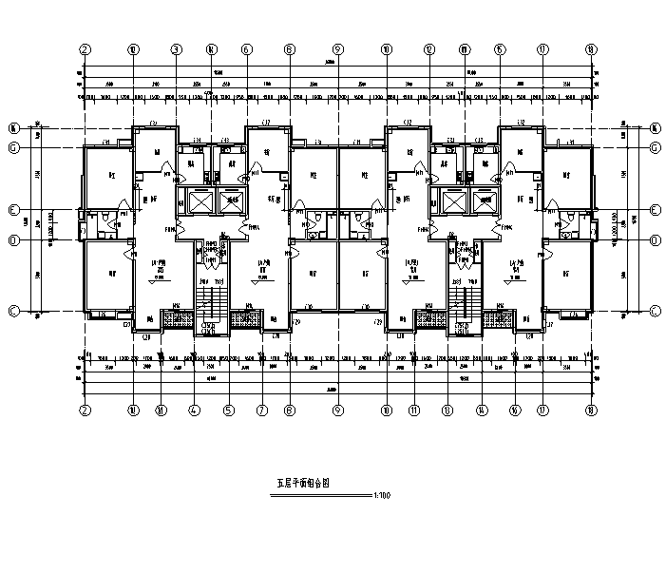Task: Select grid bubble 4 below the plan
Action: coord(194,411)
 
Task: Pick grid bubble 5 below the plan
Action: coord(229,411)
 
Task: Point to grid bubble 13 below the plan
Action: coord(447,411)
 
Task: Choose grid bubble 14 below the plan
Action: coord(481,411)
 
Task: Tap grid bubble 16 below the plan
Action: coord(514,411)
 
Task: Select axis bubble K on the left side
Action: coord(14,126)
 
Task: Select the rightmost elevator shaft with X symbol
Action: coord(485,201)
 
